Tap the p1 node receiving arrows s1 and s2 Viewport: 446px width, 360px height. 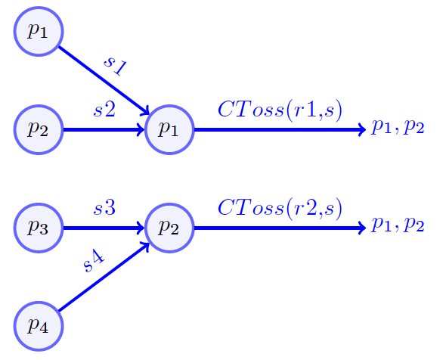pos(169,129)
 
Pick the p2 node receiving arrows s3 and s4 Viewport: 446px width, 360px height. pos(169,227)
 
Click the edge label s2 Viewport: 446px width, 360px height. pos(104,110)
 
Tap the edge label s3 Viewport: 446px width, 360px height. pos(104,207)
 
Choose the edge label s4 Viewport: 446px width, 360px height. pos(94,262)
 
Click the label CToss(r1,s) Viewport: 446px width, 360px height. pos(280,110)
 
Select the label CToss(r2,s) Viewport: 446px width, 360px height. pos(280,207)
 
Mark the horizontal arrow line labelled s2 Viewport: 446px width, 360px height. pos(103,129)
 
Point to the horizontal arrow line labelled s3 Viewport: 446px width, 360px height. pos(103,227)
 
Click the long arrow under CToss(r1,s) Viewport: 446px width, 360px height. pos(280,129)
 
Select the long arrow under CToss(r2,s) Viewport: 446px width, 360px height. pos(280,227)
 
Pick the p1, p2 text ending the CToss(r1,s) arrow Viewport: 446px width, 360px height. pos(398,127)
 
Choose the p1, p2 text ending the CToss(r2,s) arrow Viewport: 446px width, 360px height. pos(398,225)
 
